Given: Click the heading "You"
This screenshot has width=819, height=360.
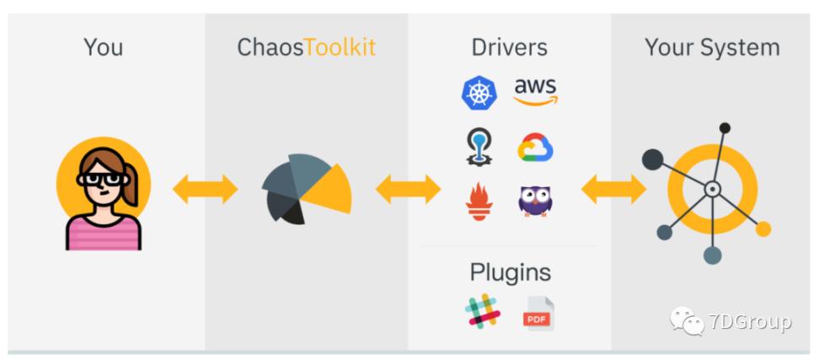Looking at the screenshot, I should (103, 47).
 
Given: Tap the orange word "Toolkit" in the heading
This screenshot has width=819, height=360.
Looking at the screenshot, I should (339, 47).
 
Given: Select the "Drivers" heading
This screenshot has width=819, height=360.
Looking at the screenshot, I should (510, 47).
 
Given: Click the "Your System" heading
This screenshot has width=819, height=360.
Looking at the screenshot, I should (712, 47).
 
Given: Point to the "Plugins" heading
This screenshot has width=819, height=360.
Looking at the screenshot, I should (510, 272).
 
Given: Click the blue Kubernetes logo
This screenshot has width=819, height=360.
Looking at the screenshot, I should (479, 94).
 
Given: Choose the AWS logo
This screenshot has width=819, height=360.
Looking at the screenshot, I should (535, 92).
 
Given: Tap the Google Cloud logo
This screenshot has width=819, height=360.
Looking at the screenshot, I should (535, 148).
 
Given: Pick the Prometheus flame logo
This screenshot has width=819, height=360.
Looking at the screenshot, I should (479, 201).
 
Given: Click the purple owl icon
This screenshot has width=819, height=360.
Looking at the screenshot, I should (535, 201).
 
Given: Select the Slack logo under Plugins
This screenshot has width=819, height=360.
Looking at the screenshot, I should (483, 312).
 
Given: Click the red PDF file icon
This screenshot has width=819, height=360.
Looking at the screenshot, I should (538, 313).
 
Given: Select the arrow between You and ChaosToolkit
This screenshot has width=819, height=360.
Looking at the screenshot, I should (205, 190).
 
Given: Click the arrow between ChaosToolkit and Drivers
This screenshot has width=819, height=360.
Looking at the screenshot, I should (408, 190).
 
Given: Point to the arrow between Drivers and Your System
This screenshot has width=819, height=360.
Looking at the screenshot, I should (613, 190).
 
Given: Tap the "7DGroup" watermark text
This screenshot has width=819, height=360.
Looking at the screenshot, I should (749, 321).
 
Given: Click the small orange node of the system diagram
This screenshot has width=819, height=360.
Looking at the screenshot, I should (763, 228).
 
